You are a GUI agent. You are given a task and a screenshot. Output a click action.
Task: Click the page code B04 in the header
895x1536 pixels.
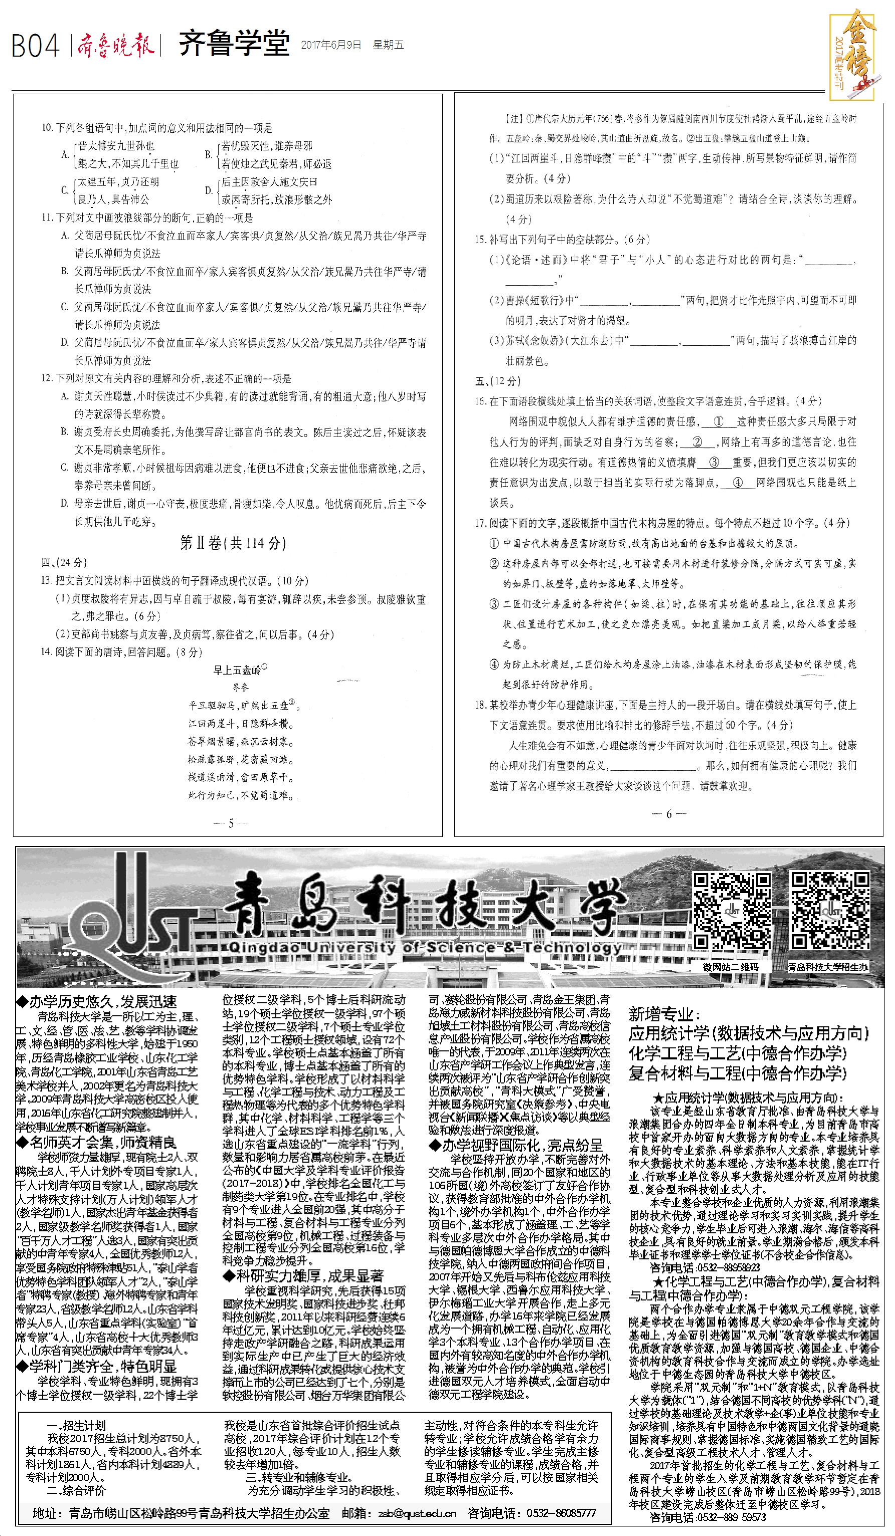(36, 46)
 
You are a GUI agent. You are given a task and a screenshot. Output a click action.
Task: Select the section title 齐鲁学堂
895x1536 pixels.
(234, 45)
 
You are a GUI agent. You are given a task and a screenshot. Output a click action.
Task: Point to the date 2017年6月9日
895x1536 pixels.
(331, 45)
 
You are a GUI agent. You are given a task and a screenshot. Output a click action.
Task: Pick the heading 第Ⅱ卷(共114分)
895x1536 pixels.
(233, 542)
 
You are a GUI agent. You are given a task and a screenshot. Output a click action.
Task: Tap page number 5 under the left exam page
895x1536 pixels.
(231, 823)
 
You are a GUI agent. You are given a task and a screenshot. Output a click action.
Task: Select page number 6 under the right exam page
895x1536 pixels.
(668, 814)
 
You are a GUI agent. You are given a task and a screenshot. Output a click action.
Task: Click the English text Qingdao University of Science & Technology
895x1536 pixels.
(425, 948)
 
